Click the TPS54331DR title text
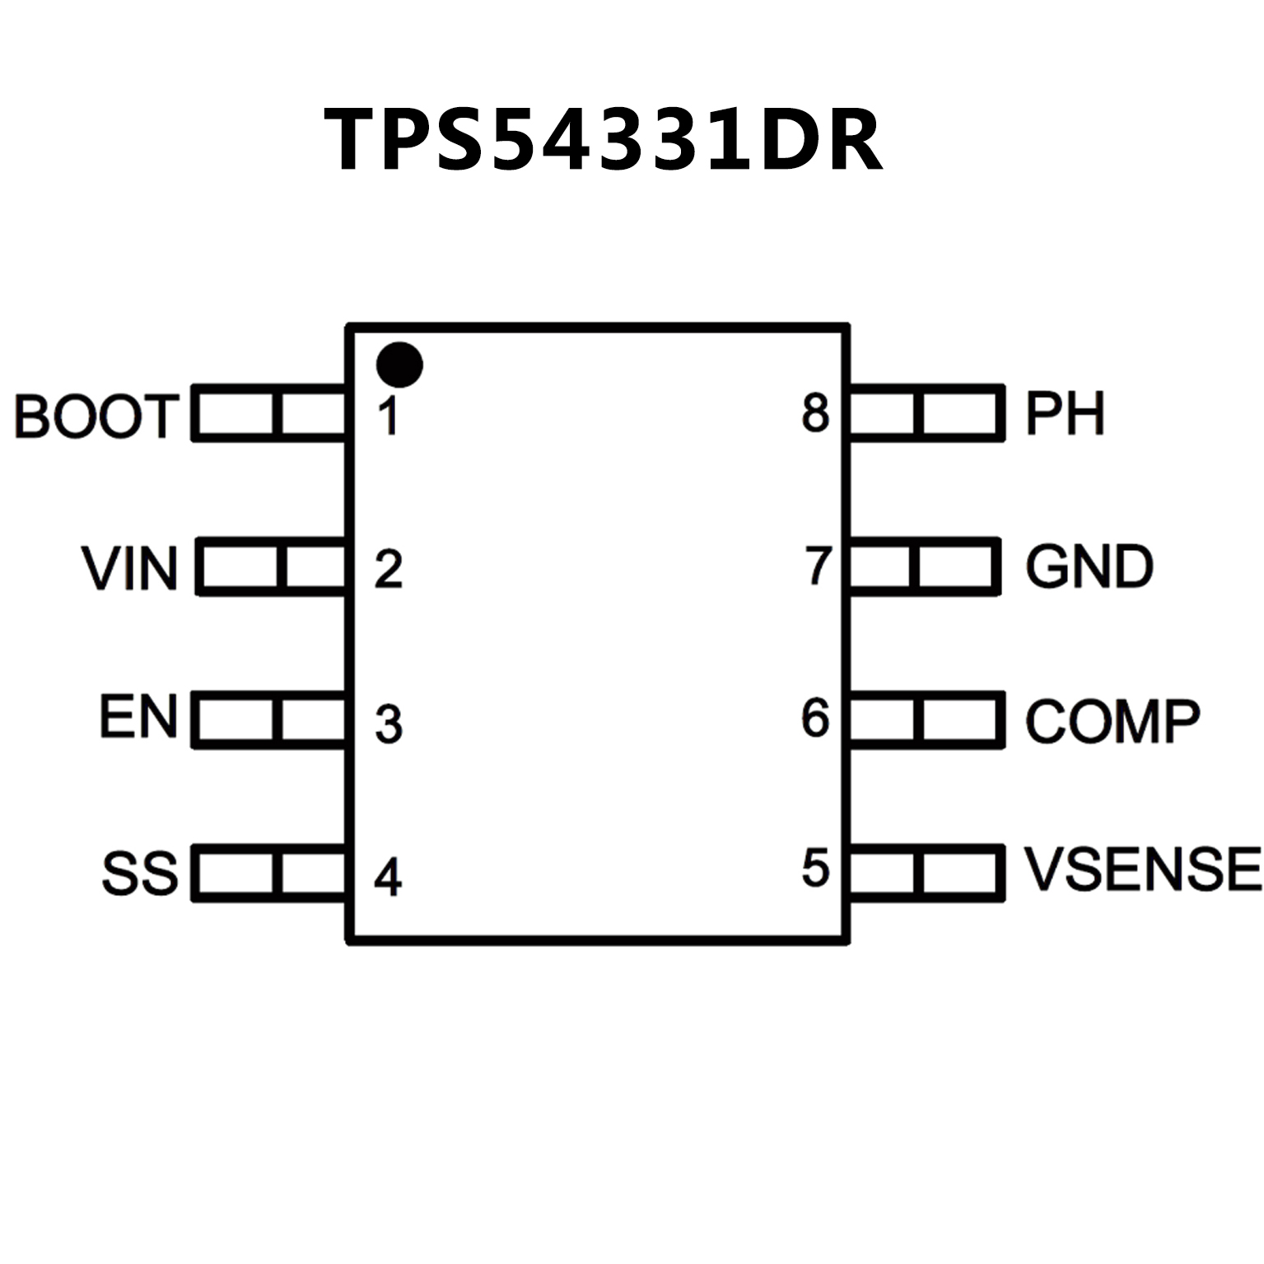tap(604, 140)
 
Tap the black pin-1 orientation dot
tap(399, 364)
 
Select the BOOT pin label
tap(96, 416)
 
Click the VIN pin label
tap(130, 568)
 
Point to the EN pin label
tap(138, 716)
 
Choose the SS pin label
tap(139, 873)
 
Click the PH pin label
tap(1064, 413)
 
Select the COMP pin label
tap(1112, 721)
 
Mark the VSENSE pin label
tap(1142, 870)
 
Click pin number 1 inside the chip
tap(389, 416)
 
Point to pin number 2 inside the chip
tap(389, 569)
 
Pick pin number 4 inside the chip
tap(388, 877)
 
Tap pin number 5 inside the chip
tap(815, 869)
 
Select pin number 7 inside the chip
tap(818, 566)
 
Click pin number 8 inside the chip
tap(815, 413)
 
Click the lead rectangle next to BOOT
tap(268, 413)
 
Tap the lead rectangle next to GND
tap(924, 567)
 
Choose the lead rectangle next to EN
tap(268, 720)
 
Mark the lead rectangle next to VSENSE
tap(926, 873)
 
